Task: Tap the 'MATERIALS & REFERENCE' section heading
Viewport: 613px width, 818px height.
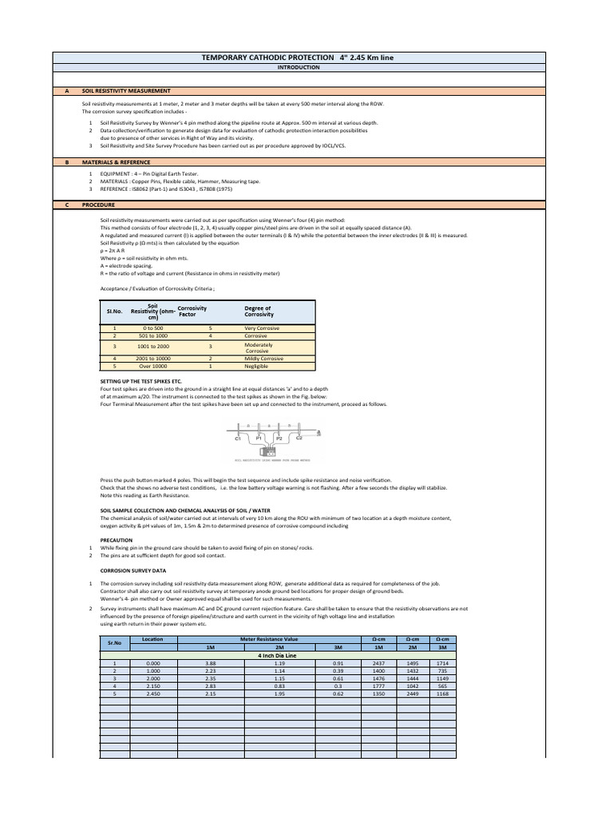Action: [x=115, y=161]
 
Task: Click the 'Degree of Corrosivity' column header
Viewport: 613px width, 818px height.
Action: [x=258, y=312]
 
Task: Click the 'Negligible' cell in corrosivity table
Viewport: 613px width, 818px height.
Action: [x=257, y=366]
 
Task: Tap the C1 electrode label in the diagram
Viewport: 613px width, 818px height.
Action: [x=238, y=439]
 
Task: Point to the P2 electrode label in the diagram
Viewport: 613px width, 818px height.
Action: [x=279, y=439]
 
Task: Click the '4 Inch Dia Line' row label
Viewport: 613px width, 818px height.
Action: [x=271, y=655]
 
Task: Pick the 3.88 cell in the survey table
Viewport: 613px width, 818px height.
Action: [x=211, y=663]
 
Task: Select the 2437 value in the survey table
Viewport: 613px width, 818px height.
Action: [x=378, y=663]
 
